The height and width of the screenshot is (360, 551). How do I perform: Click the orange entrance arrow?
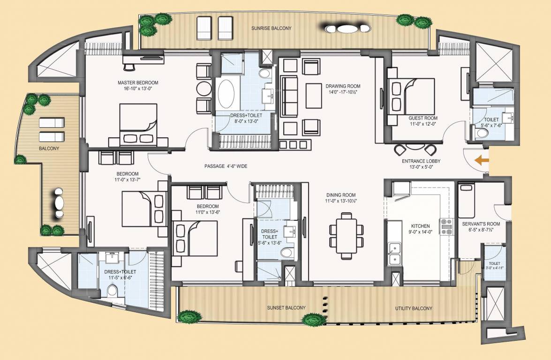tap(480, 161)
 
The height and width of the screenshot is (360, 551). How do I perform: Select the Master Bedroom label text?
tap(138, 82)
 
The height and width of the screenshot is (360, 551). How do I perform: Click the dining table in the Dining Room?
tap(347, 235)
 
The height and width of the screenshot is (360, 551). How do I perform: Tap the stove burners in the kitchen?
tap(446, 226)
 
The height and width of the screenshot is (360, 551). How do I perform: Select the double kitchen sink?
tap(394, 254)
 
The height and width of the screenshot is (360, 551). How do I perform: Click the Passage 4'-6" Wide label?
tap(226, 166)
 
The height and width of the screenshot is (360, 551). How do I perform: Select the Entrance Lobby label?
tap(420, 161)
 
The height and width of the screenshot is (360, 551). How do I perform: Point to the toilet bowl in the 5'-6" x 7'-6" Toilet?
tap(481, 133)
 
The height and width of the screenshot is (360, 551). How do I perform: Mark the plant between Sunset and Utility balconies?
tap(313, 320)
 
